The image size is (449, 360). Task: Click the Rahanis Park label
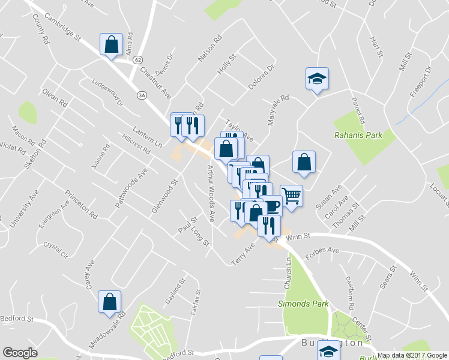click(x=358, y=136)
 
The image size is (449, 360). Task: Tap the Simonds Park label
click(x=303, y=304)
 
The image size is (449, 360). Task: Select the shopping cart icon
click(x=291, y=196)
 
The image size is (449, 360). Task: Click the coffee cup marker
click(x=272, y=205)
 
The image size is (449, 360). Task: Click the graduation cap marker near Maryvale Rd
click(x=317, y=78)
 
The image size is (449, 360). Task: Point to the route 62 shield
click(x=139, y=60)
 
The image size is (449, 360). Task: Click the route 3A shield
click(x=142, y=95)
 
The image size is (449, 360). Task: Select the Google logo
click(x=20, y=353)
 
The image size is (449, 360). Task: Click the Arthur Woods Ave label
click(x=211, y=194)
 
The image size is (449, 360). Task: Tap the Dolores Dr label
click(x=262, y=76)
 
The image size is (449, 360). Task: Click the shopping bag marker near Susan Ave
click(x=304, y=162)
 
